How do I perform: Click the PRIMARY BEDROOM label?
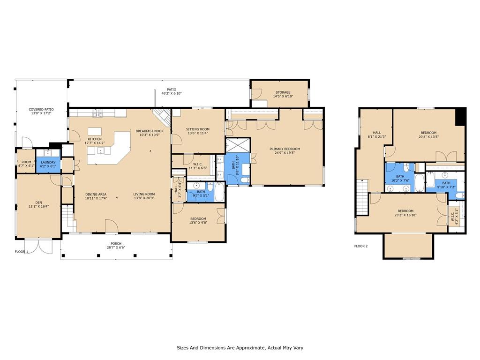(285, 149)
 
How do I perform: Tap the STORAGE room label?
(283, 92)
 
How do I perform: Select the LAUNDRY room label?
(48, 162)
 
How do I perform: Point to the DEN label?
(38, 202)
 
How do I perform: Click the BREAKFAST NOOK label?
(150, 131)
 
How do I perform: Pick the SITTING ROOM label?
(198, 129)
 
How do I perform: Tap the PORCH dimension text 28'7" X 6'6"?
(116, 247)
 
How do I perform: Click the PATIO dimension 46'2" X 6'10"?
(172, 93)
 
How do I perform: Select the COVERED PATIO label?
(41, 109)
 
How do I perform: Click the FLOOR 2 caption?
(361, 246)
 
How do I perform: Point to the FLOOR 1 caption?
(22, 252)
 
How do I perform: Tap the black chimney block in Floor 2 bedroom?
(460, 117)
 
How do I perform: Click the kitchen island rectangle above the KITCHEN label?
(95, 132)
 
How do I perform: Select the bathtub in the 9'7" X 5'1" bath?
(219, 192)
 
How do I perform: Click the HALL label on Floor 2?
(377, 133)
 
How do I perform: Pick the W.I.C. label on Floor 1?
(198, 164)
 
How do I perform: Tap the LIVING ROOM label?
(144, 194)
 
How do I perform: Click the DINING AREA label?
(96, 194)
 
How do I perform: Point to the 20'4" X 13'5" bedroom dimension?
(428, 137)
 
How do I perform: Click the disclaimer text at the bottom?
(240, 348)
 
